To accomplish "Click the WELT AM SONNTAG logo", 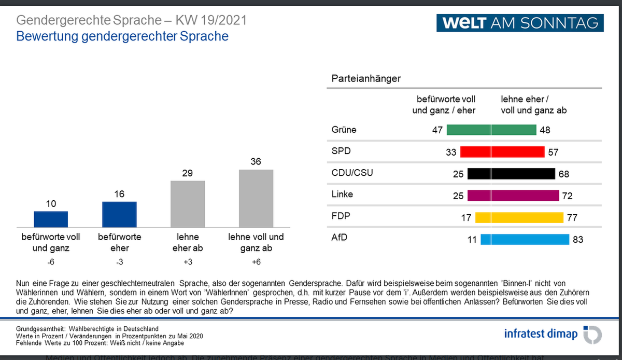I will coord(520,23).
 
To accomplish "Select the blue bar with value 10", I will coord(51,219).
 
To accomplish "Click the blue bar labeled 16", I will coord(119,214).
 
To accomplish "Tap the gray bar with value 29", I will coord(188,204).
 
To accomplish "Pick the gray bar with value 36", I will coord(256,198).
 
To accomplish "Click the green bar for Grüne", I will coord(491,130).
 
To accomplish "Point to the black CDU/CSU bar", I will coord(511,174).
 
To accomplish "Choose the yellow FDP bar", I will coord(519,217).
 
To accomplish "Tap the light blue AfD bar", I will coord(525,239).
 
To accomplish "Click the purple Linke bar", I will coord(513,196).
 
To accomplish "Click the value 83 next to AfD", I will coord(578,240).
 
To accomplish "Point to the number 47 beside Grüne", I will coord(437,130).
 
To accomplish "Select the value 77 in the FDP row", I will coord(572,218).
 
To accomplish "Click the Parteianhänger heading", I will coord(366,79).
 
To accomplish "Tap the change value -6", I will coord(50,262).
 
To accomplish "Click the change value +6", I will coord(256,262).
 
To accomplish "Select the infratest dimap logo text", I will coord(541,334).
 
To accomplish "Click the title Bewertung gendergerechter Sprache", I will coord(122,37).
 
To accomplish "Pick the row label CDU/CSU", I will coord(352,173).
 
